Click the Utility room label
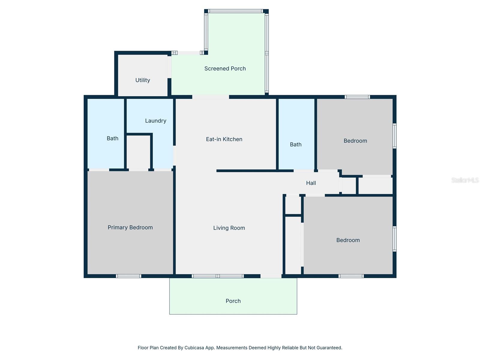point(142,80)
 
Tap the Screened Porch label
point(225,68)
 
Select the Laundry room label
point(155,121)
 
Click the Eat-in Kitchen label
point(224,139)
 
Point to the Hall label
point(311,183)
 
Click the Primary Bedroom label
point(130,227)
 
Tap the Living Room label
point(229,228)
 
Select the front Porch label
point(233,301)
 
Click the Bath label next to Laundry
point(112,138)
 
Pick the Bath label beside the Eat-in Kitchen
point(295,145)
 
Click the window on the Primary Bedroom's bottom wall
point(128,276)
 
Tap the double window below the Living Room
point(218,276)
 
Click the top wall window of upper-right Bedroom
point(357,97)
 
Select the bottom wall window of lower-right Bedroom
point(351,276)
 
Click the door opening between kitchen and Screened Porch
point(211,97)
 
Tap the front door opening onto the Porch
point(271,276)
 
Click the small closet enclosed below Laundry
point(138,152)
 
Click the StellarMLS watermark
point(465,180)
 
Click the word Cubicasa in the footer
point(194,348)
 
